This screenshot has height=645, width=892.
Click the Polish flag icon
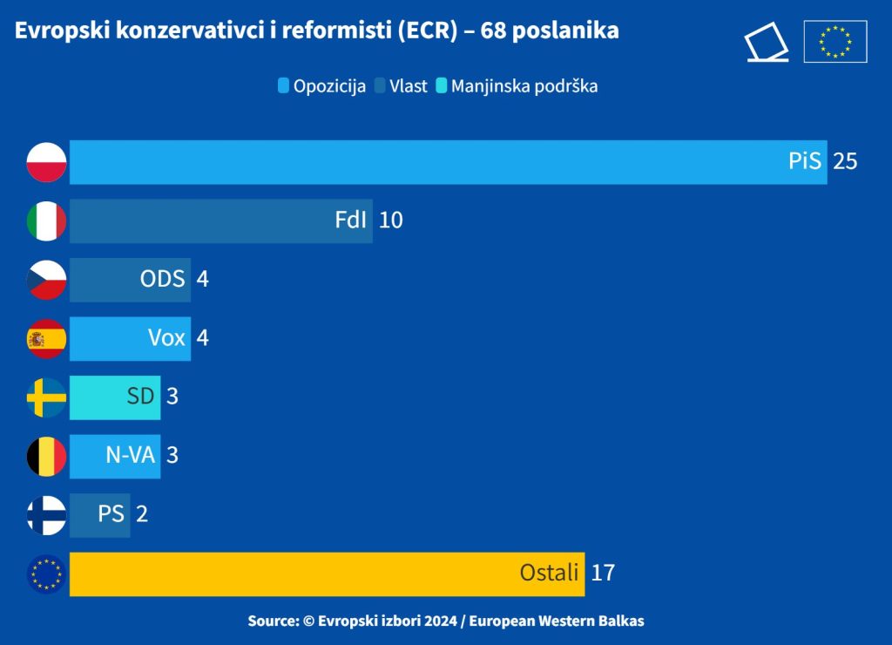[x=47, y=162]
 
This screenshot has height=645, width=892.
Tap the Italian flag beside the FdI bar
[x=47, y=221]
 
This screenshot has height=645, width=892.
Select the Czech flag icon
[x=47, y=280]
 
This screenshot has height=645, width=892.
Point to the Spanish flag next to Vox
[x=47, y=339]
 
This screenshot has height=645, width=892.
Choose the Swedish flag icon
[x=47, y=397]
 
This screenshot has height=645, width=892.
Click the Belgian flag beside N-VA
[x=47, y=457]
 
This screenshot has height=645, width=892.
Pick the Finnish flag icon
[x=47, y=515]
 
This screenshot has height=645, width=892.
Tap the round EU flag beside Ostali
[x=47, y=574]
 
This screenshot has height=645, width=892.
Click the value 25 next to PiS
[x=845, y=161]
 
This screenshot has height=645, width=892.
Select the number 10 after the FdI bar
[x=391, y=221]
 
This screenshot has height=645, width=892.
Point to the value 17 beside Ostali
[x=603, y=574]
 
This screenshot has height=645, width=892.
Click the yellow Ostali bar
[x=328, y=574]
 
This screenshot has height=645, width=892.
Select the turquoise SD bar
[x=115, y=397]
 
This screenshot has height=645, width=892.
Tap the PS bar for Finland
[x=100, y=515]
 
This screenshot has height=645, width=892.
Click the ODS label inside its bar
[x=163, y=279]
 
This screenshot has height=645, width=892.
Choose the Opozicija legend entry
[x=322, y=86]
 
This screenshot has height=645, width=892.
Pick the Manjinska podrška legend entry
[x=517, y=86]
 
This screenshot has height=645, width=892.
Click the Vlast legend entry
[x=401, y=86]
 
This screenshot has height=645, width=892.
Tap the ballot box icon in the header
[x=767, y=42]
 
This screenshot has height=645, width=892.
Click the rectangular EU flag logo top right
[x=835, y=42]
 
